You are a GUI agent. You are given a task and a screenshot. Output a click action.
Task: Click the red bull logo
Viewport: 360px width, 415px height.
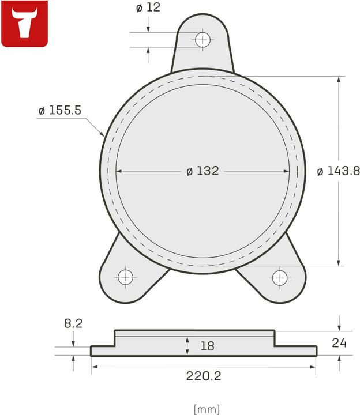24,24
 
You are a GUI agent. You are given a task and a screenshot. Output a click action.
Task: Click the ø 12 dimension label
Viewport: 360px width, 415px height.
148,8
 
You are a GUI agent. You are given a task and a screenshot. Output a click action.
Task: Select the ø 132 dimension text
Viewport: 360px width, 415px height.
202,171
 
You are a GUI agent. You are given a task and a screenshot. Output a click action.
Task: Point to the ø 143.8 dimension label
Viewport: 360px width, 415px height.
339,171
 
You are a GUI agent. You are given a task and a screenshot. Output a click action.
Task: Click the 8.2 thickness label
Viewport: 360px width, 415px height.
73,323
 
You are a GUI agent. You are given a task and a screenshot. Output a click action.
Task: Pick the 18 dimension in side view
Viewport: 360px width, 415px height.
207,346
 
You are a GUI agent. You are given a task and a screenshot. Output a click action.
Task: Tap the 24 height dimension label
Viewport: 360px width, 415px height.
339,343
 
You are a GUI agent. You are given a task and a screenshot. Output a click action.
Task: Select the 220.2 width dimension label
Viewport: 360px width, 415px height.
203,376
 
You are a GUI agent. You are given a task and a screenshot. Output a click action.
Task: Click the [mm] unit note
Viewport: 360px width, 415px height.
207,409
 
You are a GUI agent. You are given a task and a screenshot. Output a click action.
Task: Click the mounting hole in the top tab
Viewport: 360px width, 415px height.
202,40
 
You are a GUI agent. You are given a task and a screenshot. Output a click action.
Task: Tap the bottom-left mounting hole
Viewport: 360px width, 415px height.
125,277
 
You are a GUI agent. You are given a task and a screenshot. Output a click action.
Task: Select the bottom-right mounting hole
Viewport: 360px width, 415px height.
280,277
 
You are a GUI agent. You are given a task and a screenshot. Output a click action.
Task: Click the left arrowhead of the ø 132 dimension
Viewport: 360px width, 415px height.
119,171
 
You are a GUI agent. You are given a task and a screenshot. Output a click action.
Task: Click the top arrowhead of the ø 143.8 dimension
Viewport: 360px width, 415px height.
339,79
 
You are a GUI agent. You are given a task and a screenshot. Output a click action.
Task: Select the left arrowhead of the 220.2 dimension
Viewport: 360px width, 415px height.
94,367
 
